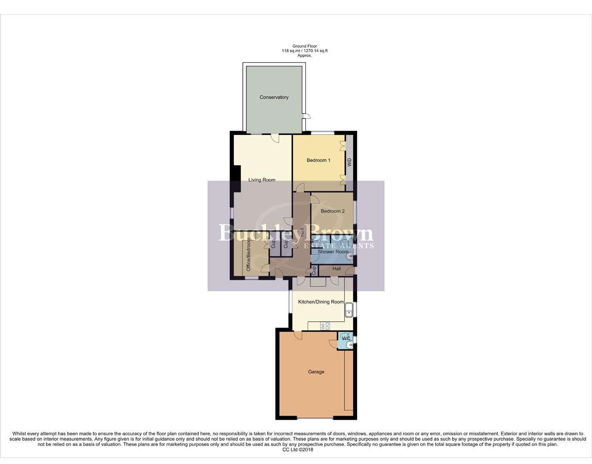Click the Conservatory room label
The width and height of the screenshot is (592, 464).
point(274,98)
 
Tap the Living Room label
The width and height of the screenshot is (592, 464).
point(262,180)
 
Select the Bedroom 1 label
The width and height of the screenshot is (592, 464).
point(318,160)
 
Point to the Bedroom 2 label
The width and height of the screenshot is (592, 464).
point(333,211)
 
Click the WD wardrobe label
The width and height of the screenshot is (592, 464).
point(349,162)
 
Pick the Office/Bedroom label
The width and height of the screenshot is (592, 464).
point(248,254)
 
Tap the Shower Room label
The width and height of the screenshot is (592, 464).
point(333,252)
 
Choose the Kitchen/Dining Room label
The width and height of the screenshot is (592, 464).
point(321,302)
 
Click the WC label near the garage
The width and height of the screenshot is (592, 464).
point(346,339)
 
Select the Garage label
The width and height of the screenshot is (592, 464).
point(316,372)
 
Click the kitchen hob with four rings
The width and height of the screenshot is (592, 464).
point(325,326)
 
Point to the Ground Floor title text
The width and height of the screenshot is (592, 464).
point(305,46)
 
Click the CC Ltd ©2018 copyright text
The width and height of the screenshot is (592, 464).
point(298,450)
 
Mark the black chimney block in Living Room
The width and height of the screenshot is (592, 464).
point(235,173)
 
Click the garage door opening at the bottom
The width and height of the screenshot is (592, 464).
point(315,418)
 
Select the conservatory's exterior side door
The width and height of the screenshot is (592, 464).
point(306,116)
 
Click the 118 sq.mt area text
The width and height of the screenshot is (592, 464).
point(290,51)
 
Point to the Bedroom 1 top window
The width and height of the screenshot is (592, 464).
point(323,133)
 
